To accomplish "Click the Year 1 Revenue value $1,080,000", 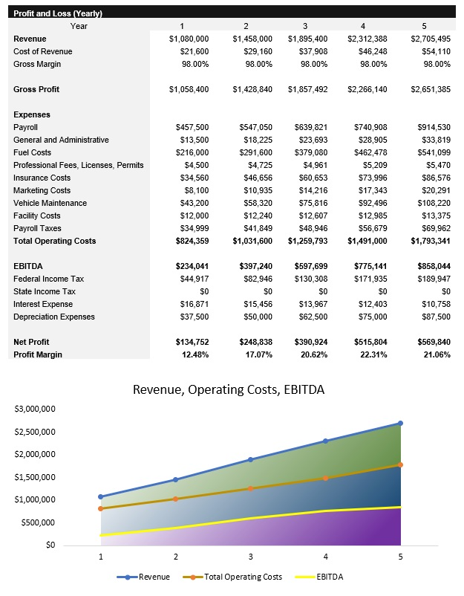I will pos(189,39).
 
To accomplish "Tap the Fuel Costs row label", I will pos(33,152).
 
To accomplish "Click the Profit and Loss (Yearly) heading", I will pos(58,13).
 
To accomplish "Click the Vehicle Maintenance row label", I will pos(50,203).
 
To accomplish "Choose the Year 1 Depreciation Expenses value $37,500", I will pos(192,317).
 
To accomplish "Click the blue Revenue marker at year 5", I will pos(401,423).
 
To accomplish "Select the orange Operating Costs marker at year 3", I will pos(250,488).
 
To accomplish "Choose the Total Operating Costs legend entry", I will pos(242,577).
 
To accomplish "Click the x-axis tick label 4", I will pos(325,556).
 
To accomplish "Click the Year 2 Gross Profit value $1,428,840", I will pos(252,89).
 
